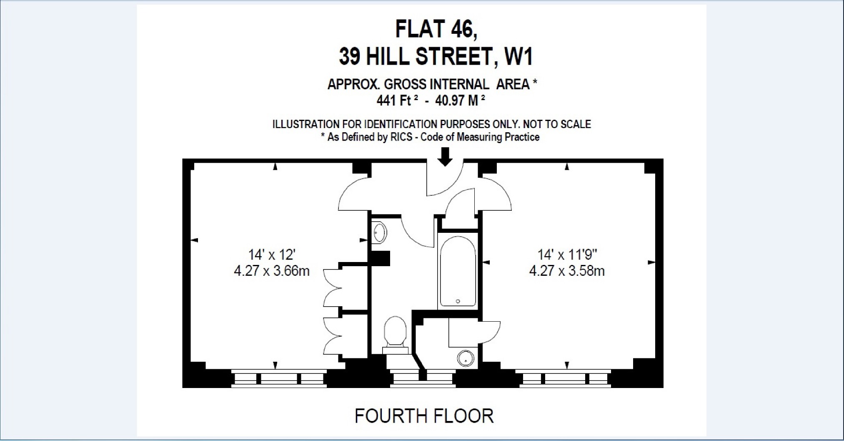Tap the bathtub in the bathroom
(x=458, y=271)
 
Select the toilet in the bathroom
(x=395, y=332)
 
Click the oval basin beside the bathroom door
(x=379, y=232)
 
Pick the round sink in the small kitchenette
(x=466, y=358)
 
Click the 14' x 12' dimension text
(x=272, y=255)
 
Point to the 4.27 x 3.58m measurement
(x=566, y=271)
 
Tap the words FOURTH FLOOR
(x=424, y=416)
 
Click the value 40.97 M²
(x=460, y=101)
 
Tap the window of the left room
(x=278, y=379)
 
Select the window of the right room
(x=564, y=379)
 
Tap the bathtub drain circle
(x=458, y=301)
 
